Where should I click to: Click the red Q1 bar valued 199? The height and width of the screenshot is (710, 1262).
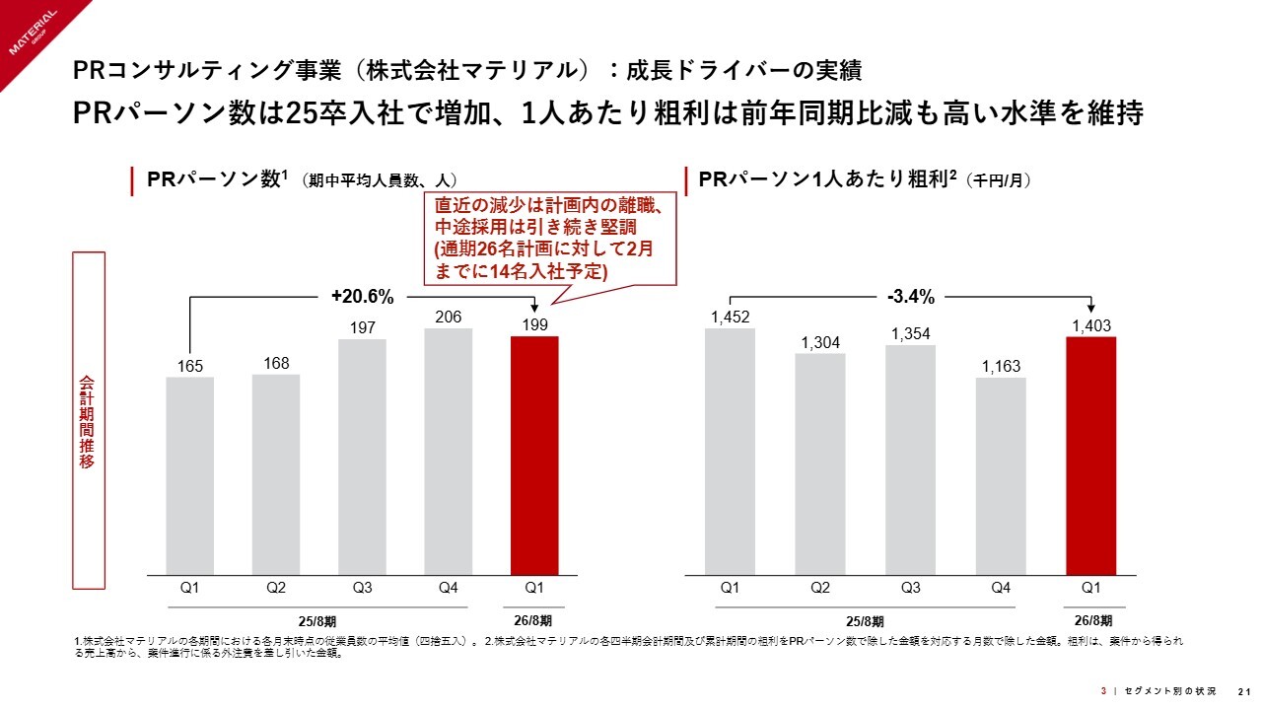534,456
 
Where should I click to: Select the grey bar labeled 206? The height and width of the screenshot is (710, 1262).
448,452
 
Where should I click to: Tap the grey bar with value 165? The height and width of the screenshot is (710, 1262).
190,475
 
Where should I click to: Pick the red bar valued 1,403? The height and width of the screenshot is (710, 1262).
1090,456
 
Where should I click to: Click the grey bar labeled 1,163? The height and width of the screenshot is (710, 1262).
1001,475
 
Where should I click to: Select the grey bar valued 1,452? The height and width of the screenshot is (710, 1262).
730,452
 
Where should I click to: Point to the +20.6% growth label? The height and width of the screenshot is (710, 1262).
363,296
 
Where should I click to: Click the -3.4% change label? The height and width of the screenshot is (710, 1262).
910,296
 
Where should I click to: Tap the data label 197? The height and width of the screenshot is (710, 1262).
362,326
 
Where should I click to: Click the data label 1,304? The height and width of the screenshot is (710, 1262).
820,341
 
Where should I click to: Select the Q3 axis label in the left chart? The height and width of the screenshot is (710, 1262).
362,588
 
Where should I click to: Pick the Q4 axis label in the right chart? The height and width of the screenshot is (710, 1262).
1001,588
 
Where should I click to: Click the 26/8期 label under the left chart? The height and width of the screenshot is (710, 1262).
533,620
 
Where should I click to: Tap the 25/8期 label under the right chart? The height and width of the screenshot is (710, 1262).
865,620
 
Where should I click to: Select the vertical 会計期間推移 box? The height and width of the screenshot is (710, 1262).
88,419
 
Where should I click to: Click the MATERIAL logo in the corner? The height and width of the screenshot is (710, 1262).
35,35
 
